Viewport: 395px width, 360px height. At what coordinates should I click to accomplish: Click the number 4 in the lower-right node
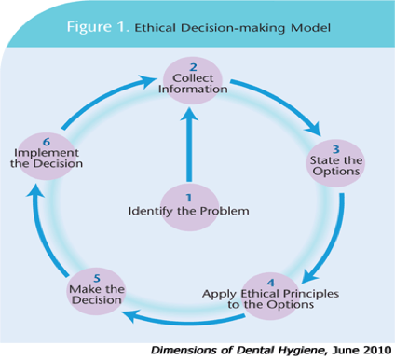(271, 281)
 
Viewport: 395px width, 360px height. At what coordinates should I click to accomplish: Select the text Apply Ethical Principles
(270, 293)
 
